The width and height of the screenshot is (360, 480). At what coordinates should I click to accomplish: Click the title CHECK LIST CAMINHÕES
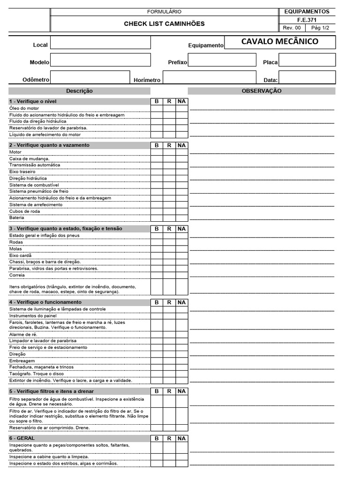coord(164,23)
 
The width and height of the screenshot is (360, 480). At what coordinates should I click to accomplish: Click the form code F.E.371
coord(307,20)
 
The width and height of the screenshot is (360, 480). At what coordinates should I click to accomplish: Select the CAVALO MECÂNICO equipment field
coord(280,42)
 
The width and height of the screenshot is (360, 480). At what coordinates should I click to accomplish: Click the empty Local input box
coord(100,43)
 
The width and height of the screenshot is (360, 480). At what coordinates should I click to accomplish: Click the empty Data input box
coord(307,77)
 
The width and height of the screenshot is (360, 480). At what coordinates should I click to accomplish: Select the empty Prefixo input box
coord(222,60)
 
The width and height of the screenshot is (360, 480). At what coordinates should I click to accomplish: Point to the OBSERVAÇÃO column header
coord(262,91)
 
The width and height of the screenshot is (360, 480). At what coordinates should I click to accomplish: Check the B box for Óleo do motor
coord(157,108)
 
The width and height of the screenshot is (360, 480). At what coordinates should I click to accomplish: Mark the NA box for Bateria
coord(182,217)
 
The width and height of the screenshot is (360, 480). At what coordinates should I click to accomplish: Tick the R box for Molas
coord(169,249)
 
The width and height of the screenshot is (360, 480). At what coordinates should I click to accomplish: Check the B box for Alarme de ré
coord(157,334)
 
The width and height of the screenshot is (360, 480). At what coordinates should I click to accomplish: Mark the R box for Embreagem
coord(169,360)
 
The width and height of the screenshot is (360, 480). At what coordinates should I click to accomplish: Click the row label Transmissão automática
coord(35,165)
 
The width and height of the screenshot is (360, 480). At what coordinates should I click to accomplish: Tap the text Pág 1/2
coord(320,28)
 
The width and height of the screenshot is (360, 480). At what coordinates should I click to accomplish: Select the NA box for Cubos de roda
coord(182,211)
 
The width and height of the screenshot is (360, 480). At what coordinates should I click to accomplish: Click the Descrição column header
coord(79,91)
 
